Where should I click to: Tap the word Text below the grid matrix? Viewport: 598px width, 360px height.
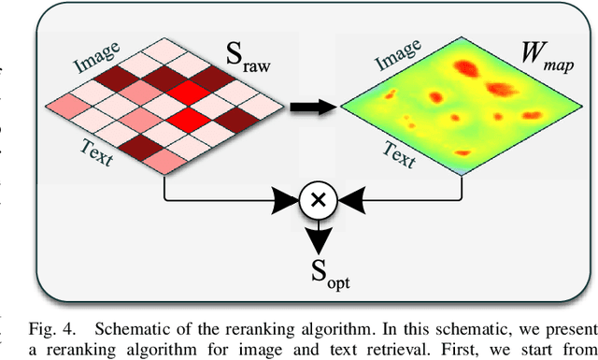coord(93,151)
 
